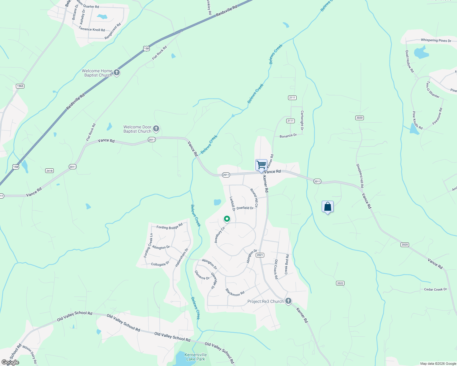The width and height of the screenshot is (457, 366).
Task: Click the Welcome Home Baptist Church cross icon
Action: click(x=116, y=73)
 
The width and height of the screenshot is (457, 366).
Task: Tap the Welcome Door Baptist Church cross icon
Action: click(x=156, y=129)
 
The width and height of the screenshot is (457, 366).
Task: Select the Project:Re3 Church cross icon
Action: click(x=288, y=301)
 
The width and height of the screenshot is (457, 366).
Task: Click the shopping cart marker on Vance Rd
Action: click(x=261, y=165)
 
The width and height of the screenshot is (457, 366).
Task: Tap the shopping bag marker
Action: click(x=327, y=207)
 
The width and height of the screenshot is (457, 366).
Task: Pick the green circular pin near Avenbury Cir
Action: click(x=227, y=219)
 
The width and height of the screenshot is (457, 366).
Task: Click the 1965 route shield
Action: click(x=20, y=86)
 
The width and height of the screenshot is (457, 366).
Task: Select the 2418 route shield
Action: click(x=49, y=170)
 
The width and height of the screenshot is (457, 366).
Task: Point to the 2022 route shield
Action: click(x=340, y=283)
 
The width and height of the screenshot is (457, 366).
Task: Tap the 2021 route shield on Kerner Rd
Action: click(x=260, y=255)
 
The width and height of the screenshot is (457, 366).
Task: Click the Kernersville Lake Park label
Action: click(x=196, y=357)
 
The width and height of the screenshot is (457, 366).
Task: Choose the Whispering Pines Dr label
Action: click(x=436, y=40)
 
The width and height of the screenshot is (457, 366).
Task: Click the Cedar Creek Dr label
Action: click(x=435, y=289)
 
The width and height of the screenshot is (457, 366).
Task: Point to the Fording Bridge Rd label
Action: click(x=169, y=226)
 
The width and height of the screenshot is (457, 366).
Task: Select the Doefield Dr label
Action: click(x=245, y=208)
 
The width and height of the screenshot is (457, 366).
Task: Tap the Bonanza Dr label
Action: click(x=288, y=136)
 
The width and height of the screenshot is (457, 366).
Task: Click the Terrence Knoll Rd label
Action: click(x=92, y=29)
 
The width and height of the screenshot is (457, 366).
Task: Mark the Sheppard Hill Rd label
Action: click(x=360, y=176)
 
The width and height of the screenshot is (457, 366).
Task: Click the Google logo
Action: click(x=10, y=362)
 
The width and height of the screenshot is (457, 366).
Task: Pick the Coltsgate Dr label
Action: click(x=160, y=264)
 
